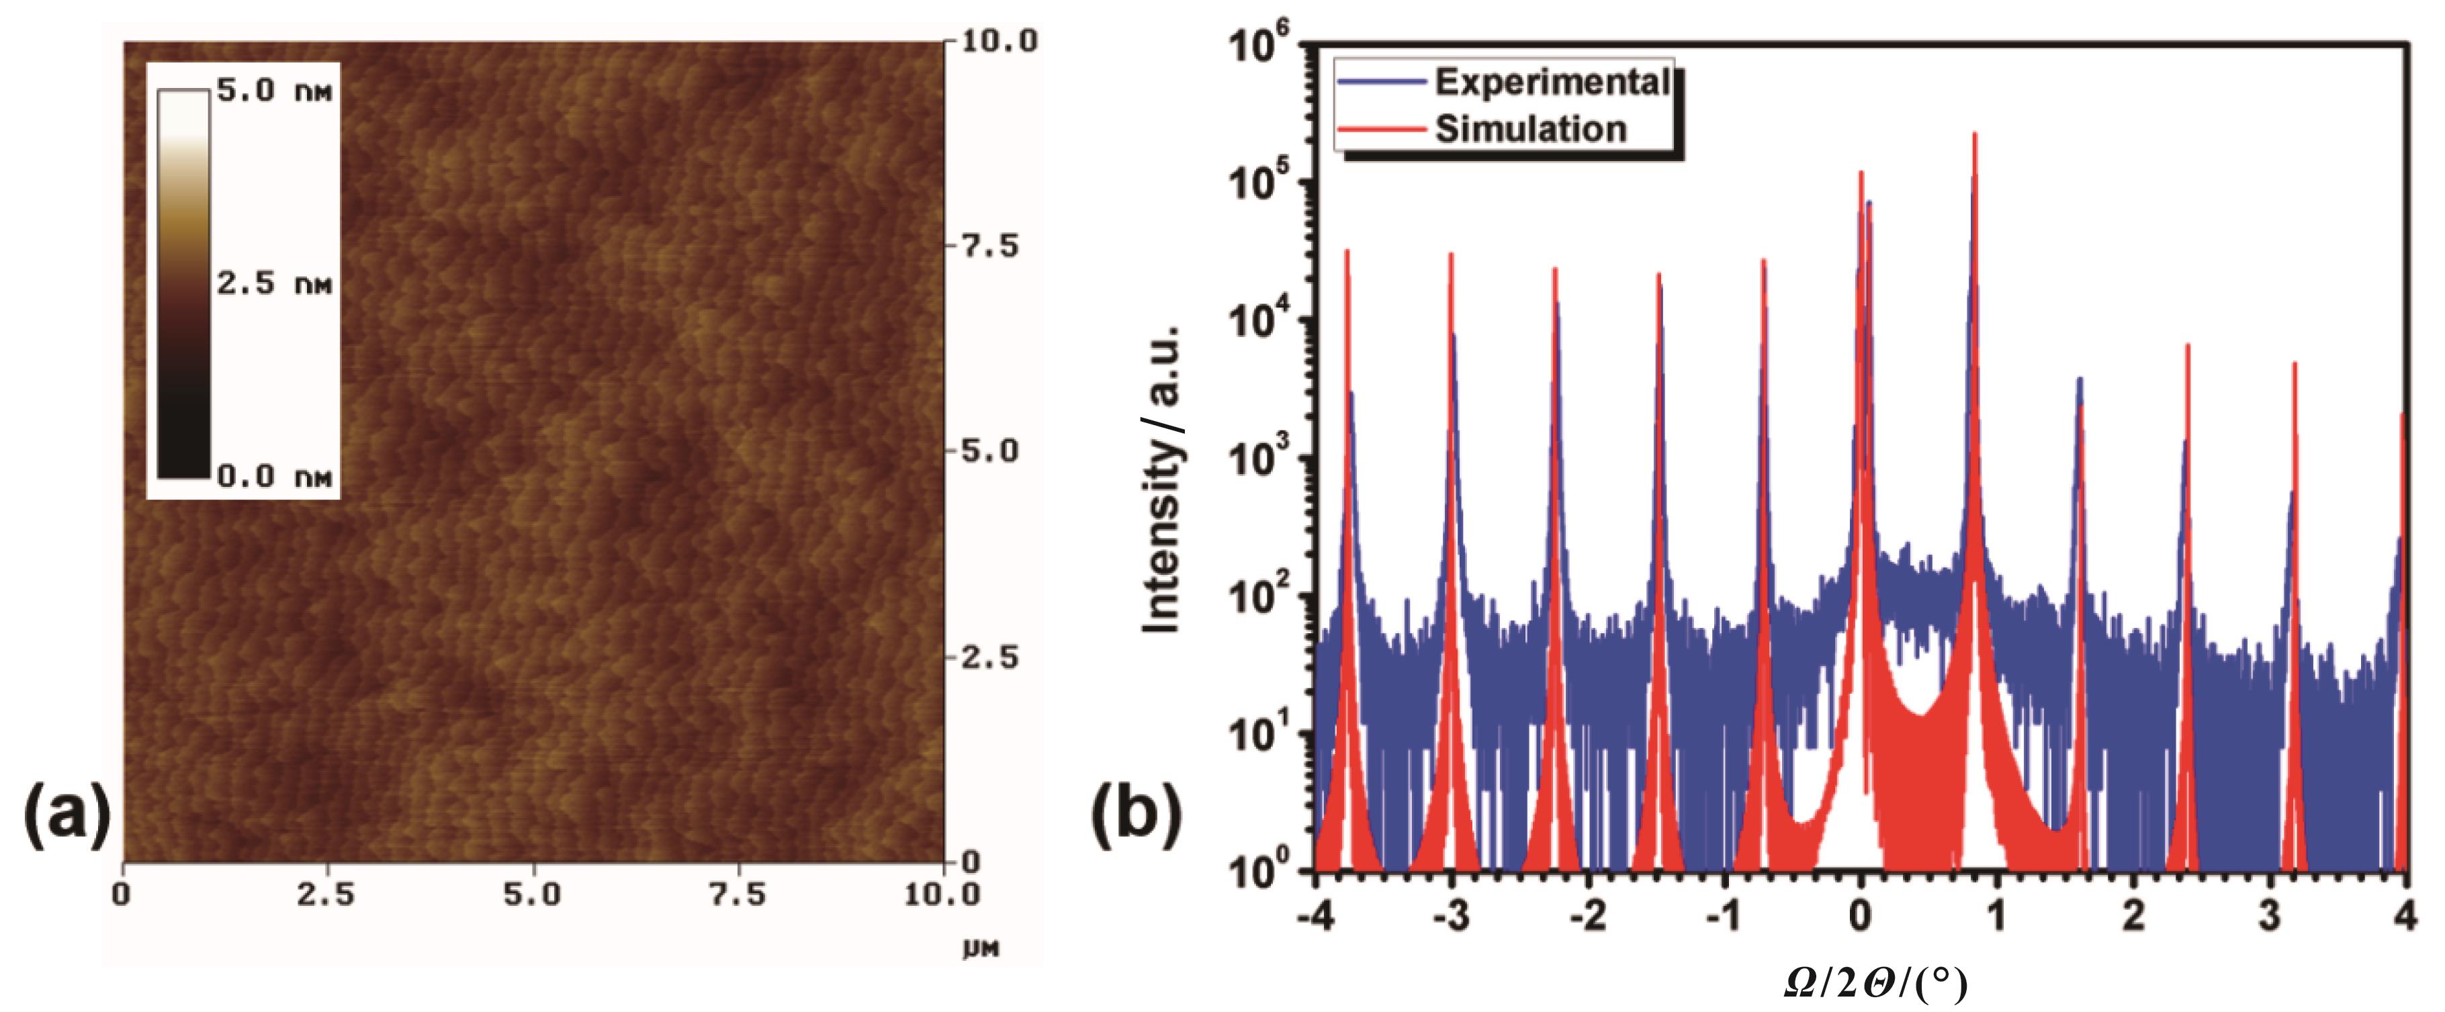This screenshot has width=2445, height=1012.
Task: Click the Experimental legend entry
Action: tap(1551, 83)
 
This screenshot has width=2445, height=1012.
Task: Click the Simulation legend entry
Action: tap(1530, 129)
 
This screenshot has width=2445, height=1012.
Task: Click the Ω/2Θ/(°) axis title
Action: tap(1875, 984)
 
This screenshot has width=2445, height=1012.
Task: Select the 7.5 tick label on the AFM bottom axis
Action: tap(738, 894)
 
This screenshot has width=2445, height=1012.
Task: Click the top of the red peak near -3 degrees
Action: tap(1452, 255)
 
